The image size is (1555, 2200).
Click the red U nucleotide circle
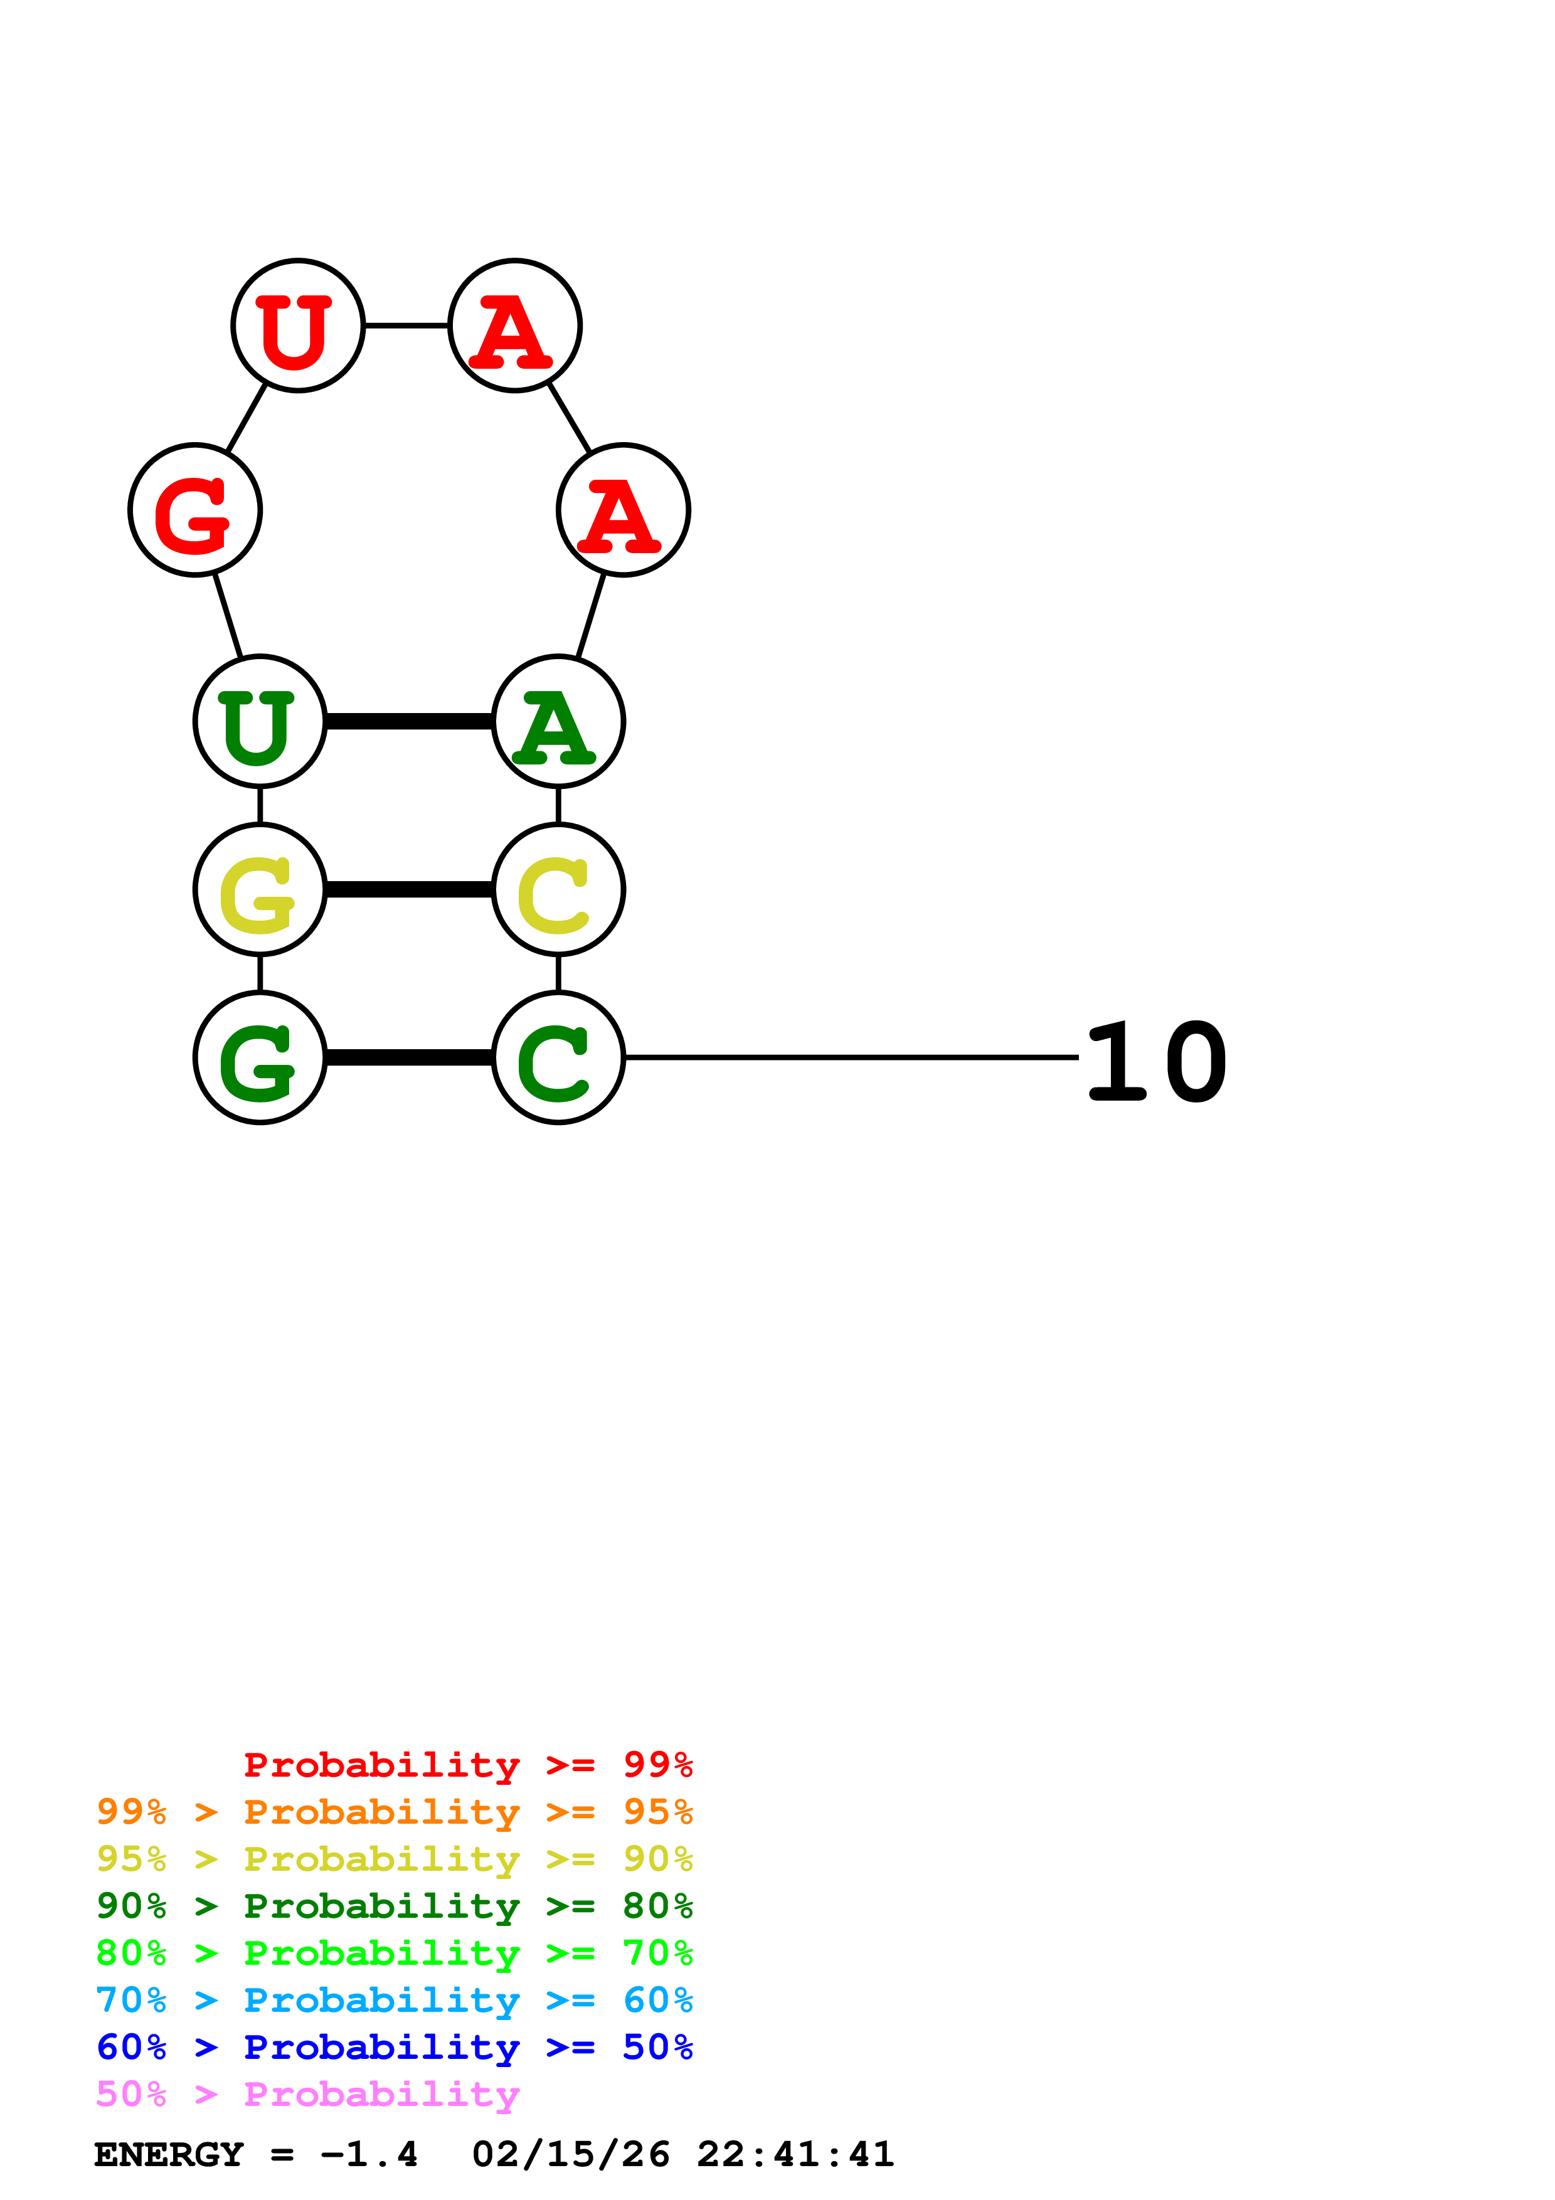pos(298,325)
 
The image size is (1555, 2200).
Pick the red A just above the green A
pos(624,510)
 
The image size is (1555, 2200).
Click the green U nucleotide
pos(260,721)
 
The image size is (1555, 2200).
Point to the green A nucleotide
pos(558,721)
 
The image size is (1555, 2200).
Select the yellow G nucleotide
pos(260,889)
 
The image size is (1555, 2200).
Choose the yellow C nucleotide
pos(558,889)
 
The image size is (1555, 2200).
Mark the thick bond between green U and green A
pos(409,721)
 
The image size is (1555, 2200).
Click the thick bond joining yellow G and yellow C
pos(409,890)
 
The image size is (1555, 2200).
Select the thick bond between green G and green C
pos(409,1058)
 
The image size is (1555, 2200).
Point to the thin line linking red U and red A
pos(407,325)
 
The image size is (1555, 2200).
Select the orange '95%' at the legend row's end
pos(657,1811)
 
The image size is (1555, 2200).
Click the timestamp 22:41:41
pos(795,2154)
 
